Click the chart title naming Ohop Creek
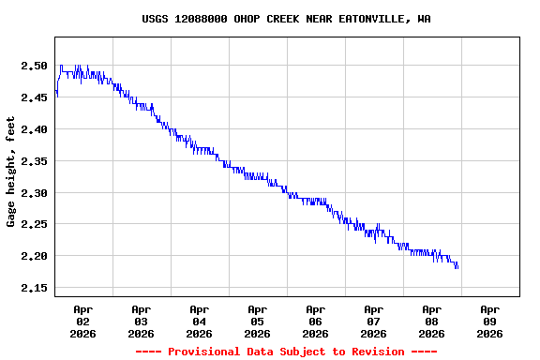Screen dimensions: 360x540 (x=286, y=19)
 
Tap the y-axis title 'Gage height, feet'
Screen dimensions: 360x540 (x=11, y=172)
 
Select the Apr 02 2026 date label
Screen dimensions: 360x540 (x=82, y=321)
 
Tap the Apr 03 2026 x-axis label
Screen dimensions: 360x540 (x=141, y=321)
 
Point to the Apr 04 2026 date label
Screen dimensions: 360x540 (x=199, y=321)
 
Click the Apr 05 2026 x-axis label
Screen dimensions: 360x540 (x=257, y=321)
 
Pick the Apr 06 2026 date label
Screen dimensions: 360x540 (x=315, y=321)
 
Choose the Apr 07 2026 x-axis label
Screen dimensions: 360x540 (x=373, y=321)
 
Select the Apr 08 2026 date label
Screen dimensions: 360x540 (x=431, y=321)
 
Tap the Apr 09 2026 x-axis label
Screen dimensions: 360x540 (x=489, y=321)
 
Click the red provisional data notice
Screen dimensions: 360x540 (x=286, y=352)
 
